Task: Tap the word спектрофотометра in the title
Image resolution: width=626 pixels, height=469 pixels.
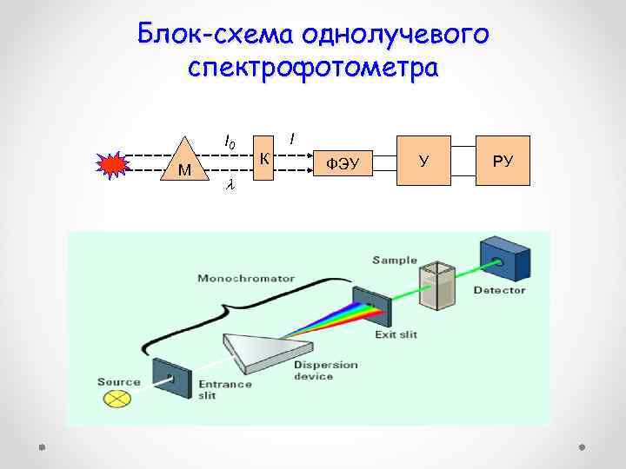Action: pyautogui.click(x=313, y=68)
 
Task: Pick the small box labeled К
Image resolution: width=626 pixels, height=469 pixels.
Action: pyautogui.click(x=263, y=157)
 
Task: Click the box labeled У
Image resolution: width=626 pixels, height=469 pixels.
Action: pyautogui.click(x=423, y=160)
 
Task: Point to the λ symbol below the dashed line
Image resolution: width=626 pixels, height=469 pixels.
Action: pyautogui.click(x=230, y=185)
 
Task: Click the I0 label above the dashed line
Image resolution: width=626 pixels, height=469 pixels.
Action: pyautogui.click(x=230, y=140)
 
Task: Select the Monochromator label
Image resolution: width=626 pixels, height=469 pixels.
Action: pyautogui.click(x=246, y=279)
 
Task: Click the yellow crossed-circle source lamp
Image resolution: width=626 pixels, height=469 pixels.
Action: pyautogui.click(x=117, y=399)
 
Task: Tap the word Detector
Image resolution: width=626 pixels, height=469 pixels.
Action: pyautogui.click(x=499, y=290)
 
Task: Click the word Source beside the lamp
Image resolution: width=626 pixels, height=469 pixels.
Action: pyautogui.click(x=119, y=381)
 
